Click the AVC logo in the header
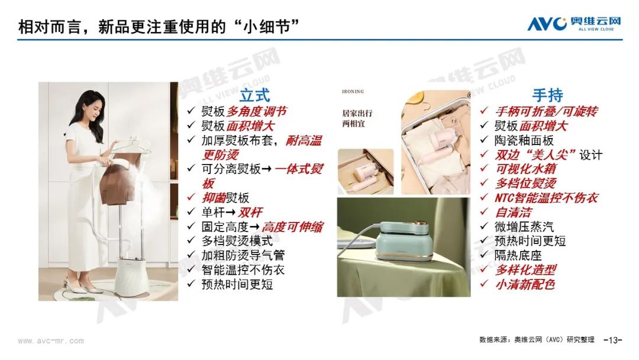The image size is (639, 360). [x=574, y=24]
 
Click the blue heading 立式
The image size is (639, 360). [x=254, y=95]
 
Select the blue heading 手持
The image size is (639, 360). [x=548, y=95]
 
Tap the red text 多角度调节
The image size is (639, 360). [x=257, y=111]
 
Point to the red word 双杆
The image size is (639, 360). [x=250, y=213]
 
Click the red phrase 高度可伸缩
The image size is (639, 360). [x=292, y=227]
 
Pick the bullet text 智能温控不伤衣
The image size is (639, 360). [x=243, y=270]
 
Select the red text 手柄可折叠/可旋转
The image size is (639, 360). [x=547, y=111]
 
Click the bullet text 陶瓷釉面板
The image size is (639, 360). [x=524, y=141]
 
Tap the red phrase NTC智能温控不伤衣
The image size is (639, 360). [x=547, y=198]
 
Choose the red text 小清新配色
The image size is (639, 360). [x=525, y=285]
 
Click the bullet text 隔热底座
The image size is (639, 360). [x=518, y=256]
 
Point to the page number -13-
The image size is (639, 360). [x=612, y=340]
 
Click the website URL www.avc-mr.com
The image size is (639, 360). [x=51, y=341]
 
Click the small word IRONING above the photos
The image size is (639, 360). [x=353, y=92]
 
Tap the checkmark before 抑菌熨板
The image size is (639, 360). [x=191, y=197]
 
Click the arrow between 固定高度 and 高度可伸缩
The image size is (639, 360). [x=254, y=227]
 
